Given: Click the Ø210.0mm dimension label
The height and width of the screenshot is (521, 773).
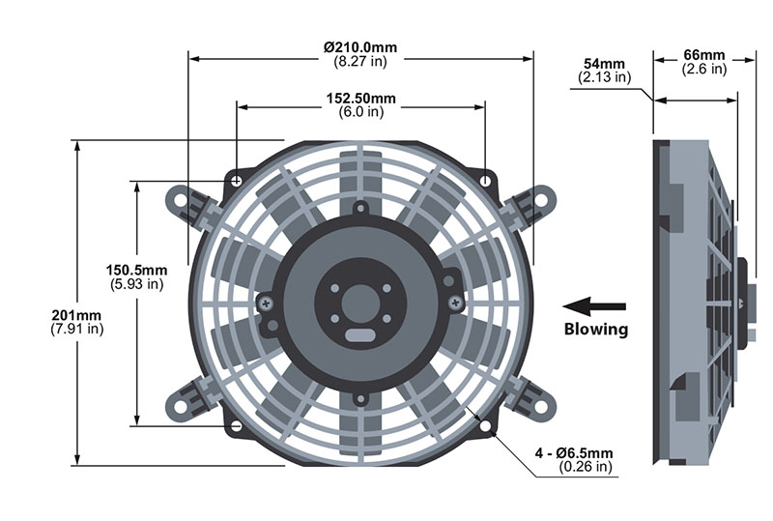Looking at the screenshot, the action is coord(360,47).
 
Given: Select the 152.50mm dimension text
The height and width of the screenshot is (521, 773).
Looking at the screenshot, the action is coord(360,99).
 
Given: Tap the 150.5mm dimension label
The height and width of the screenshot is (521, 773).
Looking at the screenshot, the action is coord(136,271).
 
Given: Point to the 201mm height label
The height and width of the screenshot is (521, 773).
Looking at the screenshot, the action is coord(76,315).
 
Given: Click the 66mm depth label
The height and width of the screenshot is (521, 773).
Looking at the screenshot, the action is coord(704,55).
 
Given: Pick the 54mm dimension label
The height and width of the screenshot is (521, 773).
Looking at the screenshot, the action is coord(604,64).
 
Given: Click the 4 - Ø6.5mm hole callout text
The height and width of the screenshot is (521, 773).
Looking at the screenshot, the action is coord(574,453).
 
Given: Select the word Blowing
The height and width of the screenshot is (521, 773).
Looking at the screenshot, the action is coord(596,329).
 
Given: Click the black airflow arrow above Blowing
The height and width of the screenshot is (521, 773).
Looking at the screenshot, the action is coord(594,306).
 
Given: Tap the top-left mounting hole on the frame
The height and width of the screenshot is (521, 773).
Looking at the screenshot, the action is coord(237,181).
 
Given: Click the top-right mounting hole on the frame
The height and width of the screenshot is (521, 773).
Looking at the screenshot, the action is coord(486,181).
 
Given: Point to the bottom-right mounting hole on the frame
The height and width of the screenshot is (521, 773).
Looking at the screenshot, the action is coord(486,425).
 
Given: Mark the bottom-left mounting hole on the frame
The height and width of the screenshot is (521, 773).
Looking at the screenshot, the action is coord(237,425).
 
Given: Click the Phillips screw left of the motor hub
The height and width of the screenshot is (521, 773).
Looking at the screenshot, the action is coord(267,304).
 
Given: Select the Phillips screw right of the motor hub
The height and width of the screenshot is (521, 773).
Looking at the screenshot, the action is coord(454,300).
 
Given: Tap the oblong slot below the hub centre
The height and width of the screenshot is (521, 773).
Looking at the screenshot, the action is coord(360,335).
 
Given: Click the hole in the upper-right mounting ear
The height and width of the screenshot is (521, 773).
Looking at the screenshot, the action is coord(541,200).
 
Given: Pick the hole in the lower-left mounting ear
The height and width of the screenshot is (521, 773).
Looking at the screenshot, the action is coord(181,407).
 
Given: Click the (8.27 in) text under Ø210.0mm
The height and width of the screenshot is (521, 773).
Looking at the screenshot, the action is coord(360,61).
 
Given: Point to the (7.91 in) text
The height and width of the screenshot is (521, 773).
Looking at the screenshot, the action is coord(77,329).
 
